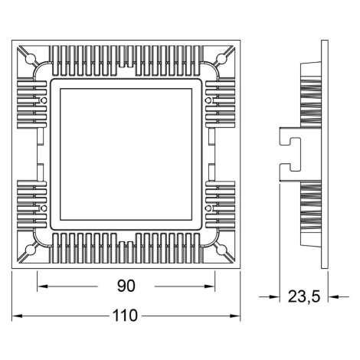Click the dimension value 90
point(126,286)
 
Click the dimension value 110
point(125,316)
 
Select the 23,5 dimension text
point(304,297)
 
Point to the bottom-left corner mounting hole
point(31,250)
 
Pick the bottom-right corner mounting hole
point(221,250)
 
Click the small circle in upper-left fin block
point(44,100)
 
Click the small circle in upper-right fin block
point(208,100)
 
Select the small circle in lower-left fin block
point(44,208)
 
